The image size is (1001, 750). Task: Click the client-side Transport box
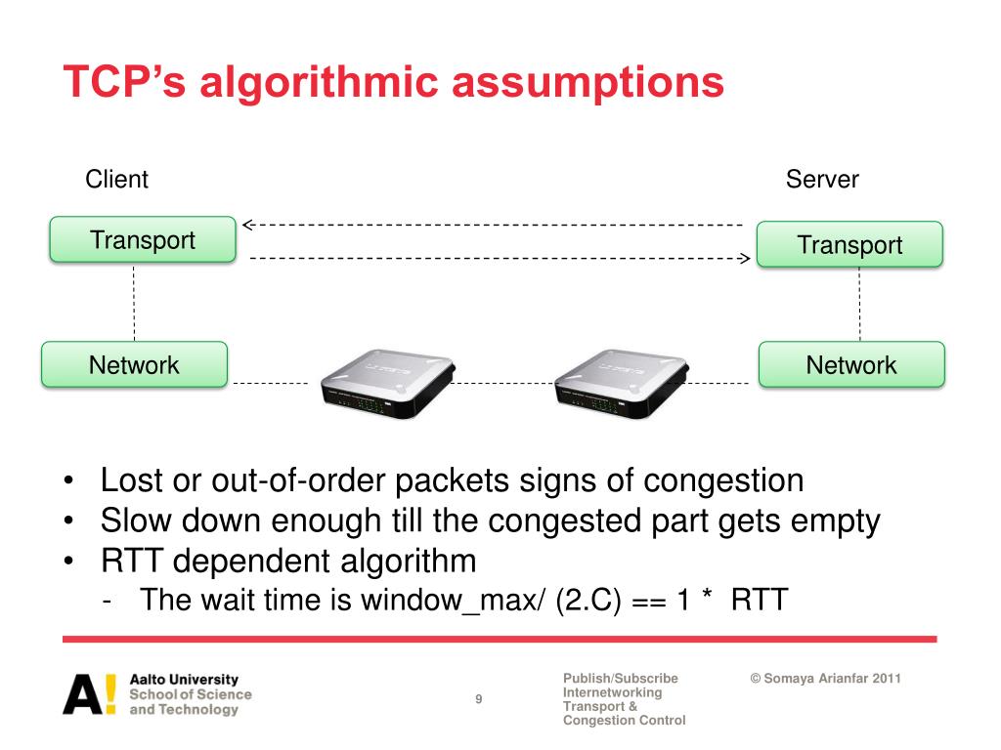coord(143,240)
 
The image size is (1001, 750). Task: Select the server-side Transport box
coord(849,244)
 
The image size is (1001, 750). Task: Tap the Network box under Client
coord(134,365)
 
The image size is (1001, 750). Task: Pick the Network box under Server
coord(851,365)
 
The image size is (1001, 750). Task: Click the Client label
coord(117,180)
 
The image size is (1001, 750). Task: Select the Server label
coord(822,180)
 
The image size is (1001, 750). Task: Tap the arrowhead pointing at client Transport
coord(248,225)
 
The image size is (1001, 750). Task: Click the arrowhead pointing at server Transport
coord(743,259)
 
